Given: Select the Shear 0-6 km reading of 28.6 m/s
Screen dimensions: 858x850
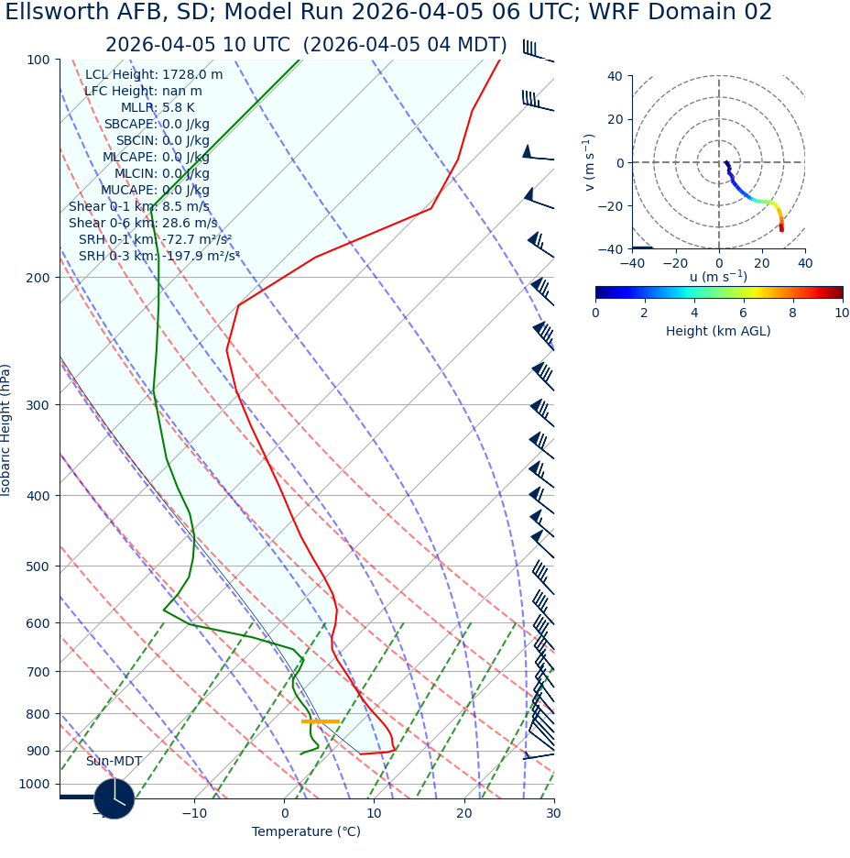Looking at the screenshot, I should (143, 223).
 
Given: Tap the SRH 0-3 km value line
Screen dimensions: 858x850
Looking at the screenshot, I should (158, 256).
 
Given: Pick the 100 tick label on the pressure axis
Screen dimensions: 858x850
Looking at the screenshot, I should (38, 60).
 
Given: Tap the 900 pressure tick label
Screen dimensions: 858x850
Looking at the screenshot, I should (38, 751).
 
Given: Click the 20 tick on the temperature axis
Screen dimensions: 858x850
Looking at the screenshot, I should (464, 813).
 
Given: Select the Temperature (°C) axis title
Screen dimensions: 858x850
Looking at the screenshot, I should (306, 831).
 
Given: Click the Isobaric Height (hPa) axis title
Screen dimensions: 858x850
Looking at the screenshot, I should (6, 430).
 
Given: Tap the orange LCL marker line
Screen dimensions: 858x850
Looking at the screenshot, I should (321, 721).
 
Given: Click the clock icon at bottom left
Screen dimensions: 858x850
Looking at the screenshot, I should (114, 798).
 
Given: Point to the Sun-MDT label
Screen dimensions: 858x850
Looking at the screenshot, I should (114, 762).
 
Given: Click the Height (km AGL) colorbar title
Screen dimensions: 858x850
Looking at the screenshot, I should (718, 331).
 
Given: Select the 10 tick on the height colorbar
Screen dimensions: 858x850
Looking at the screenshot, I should (842, 313).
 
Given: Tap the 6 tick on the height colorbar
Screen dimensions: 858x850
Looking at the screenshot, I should (743, 313).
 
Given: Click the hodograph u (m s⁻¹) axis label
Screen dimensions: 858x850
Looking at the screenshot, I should (718, 277).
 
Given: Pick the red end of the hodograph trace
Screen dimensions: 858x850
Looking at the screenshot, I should (781, 228).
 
